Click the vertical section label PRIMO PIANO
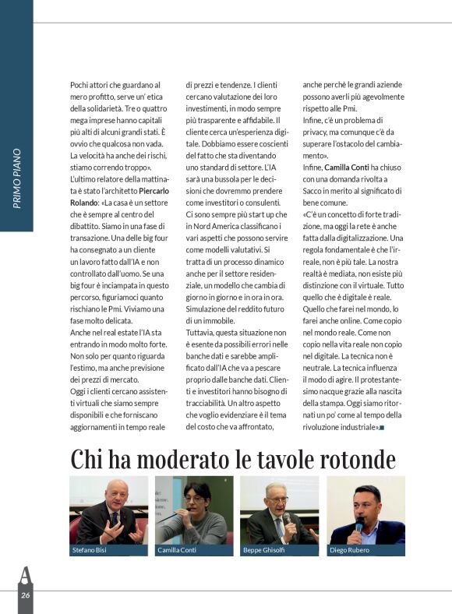click(x=17, y=178)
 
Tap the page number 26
click(x=25, y=596)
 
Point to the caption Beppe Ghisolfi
click(x=266, y=551)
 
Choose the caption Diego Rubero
click(x=350, y=551)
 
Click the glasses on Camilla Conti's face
click(x=195, y=499)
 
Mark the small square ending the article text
click(x=382, y=428)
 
